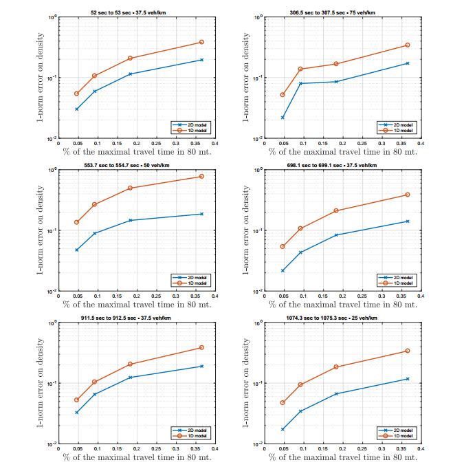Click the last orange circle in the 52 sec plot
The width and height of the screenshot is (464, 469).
pos(201,42)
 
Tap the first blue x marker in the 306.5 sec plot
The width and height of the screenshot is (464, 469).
pos(283,118)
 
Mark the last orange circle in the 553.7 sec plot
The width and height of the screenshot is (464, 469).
pos(201,177)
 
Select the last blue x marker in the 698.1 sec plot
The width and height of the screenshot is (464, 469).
pos(408,221)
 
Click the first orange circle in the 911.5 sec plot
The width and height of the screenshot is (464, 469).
pos(77,400)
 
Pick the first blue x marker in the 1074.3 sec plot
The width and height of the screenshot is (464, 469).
pos(283,429)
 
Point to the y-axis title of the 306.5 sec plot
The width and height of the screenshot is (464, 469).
pos(246,77)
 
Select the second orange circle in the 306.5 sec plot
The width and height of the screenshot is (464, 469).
pos(300,69)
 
